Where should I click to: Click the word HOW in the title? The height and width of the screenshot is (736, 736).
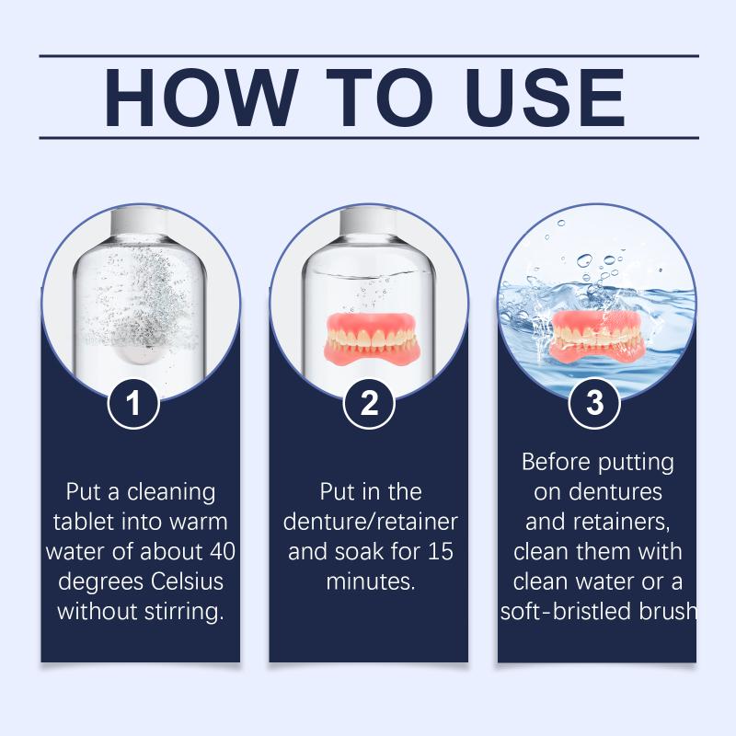coord(201,98)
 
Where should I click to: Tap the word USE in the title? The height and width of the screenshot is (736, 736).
coord(546,98)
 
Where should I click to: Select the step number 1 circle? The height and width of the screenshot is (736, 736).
coord(133,403)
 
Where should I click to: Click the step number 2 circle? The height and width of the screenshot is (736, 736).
coord(369,403)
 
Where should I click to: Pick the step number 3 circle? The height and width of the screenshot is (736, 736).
coord(594,403)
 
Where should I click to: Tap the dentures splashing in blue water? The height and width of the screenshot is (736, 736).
coord(596,337)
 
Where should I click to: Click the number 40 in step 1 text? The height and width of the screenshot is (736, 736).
coord(222,551)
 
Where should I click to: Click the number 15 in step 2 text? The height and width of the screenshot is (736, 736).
coord(440,551)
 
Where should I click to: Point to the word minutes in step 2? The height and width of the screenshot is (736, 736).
coord(371,581)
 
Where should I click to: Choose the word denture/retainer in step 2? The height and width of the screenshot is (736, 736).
coord(371,522)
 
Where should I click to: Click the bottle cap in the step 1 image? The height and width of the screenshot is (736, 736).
coord(140,220)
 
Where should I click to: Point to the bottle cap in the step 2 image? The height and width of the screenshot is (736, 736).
coord(369,220)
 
